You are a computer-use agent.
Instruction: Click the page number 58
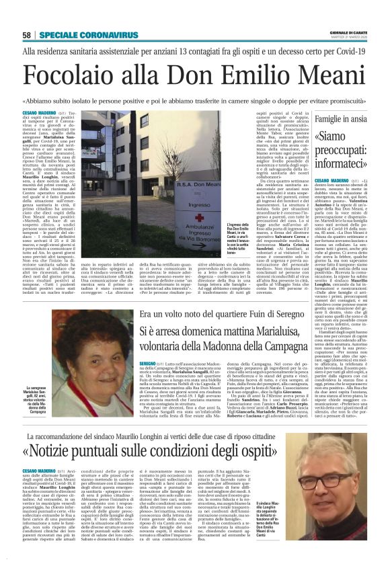point(27,35)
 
